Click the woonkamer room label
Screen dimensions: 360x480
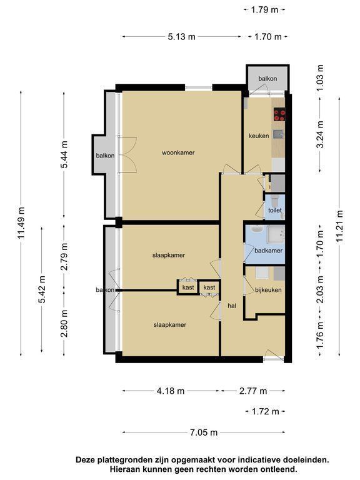click(178, 152)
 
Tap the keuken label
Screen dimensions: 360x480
click(259, 136)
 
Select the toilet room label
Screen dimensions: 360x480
click(275, 210)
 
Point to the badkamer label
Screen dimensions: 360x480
click(269, 251)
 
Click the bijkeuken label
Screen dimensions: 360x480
click(268, 289)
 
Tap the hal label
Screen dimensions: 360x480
click(232, 306)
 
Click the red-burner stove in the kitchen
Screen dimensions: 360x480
click(280, 114)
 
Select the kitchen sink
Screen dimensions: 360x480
click(278, 134)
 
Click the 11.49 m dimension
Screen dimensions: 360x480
click(21, 223)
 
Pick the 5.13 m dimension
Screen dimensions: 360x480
click(181, 37)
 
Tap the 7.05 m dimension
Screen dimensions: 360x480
click(204, 432)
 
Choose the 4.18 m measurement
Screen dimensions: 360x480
click(171, 391)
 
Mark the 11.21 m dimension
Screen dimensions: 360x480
click(339, 226)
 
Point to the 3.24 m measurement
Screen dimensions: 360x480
click(320, 134)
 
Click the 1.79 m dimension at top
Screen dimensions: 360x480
click(264, 10)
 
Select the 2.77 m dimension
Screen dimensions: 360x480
click(253, 391)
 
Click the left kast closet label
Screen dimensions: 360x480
click(188, 287)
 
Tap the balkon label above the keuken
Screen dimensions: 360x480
click(267, 79)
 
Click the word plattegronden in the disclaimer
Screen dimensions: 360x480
click(125, 460)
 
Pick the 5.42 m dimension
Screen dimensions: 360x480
click(42, 289)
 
